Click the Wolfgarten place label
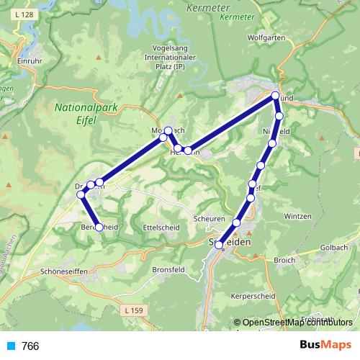point(266,37)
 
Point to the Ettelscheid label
point(161,226)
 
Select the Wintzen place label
point(297,216)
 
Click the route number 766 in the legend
point(30,346)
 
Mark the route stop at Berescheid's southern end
point(99,228)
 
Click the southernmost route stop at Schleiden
point(219,245)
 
